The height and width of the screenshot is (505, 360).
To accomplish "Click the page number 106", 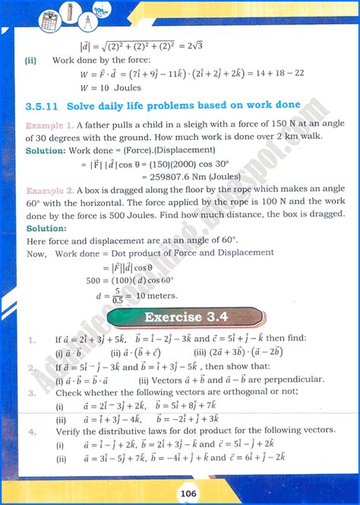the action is pyautogui.click(x=179, y=492).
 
